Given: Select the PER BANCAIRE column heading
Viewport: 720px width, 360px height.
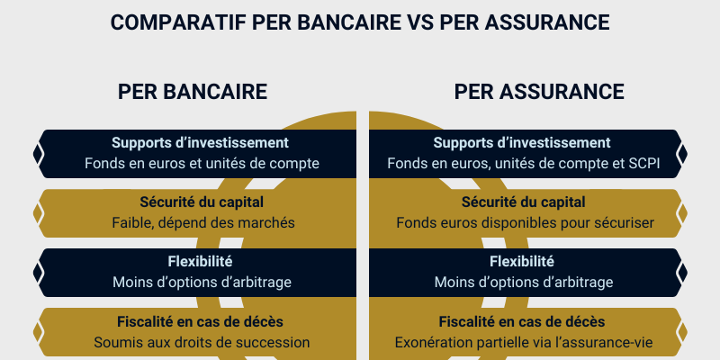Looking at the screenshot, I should point(193,92).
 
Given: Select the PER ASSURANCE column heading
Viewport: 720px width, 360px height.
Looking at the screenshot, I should point(539,92).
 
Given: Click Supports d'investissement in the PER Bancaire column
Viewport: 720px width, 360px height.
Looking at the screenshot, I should point(200,142).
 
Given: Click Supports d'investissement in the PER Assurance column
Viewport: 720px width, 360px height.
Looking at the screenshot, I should point(522,142).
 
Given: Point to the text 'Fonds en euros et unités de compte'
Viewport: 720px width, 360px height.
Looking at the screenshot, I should point(202,164).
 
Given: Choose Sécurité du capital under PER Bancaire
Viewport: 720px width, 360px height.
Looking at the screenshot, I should point(199,202).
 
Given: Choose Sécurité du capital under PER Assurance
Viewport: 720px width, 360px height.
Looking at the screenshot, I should point(523,202).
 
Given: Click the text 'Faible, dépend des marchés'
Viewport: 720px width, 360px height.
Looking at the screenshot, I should point(203,222).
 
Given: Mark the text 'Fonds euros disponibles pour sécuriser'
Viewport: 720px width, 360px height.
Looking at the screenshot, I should point(525,222).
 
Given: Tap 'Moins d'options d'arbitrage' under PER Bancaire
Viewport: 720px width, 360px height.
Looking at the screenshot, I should point(202,282).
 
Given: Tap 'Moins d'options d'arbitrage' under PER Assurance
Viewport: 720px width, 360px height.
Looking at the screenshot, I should point(524,282).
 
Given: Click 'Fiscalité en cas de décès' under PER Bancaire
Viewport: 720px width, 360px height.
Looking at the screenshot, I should point(200,321).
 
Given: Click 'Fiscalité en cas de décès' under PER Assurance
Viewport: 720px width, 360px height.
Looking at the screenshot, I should point(522,321).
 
